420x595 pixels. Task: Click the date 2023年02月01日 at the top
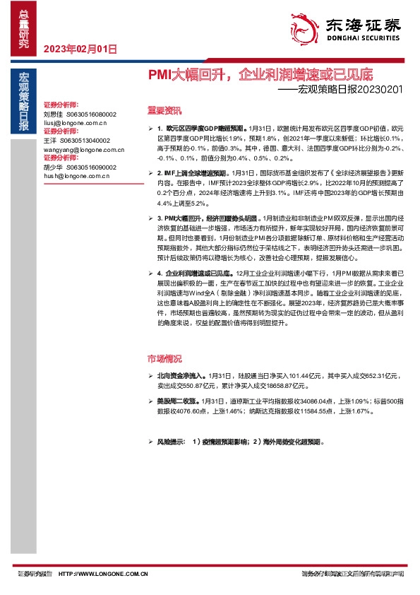coord(80,49)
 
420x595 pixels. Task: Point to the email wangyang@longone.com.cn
coord(79,150)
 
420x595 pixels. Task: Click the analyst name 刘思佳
coord(54,114)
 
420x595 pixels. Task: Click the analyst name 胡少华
coord(54,167)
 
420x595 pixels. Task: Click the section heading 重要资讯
coord(164,110)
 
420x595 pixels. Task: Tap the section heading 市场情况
coord(164,358)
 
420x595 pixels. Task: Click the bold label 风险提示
coord(172,441)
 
